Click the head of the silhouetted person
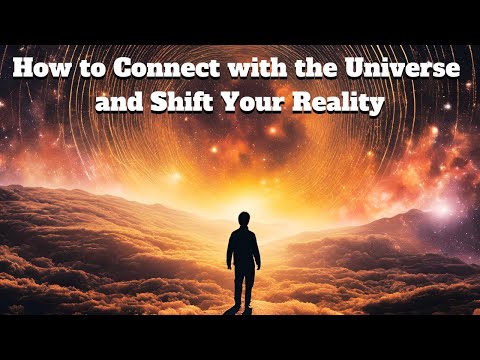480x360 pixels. pos(244,219)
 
